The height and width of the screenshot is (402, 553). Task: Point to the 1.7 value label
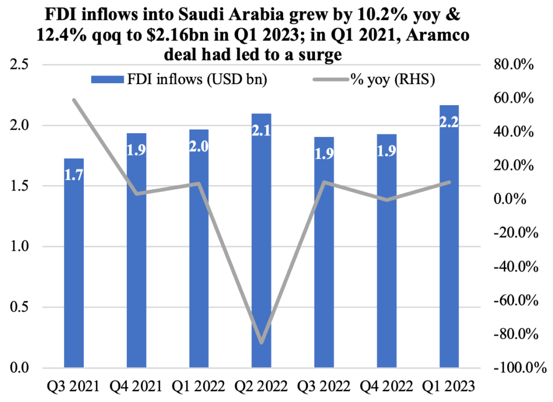(x=74, y=175)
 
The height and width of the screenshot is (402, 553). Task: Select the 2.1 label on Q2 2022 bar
(x=262, y=131)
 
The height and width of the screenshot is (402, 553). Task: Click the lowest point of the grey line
(x=262, y=343)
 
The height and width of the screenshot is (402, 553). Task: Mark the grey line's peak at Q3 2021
(x=74, y=100)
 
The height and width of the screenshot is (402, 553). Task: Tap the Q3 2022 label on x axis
(x=324, y=386)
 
